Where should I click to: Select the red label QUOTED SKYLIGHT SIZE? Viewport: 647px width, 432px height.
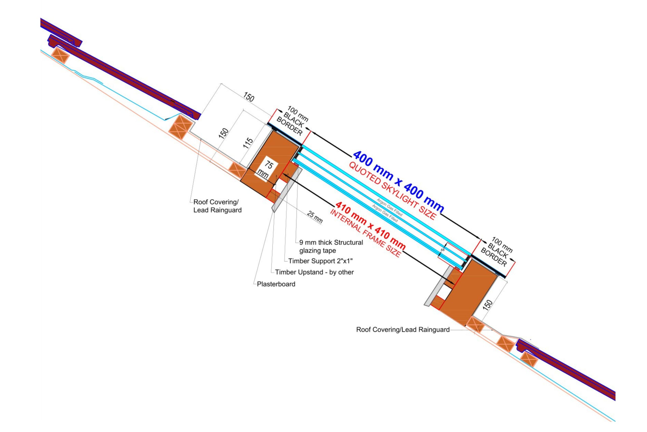click(392, 191)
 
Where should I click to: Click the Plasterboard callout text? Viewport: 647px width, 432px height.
click(276, 284)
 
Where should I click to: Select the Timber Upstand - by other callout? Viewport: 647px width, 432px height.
click(314, 272)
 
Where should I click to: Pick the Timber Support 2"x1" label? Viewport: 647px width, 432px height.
click(320, 261)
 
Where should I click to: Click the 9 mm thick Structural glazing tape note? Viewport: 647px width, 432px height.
click(331, 246)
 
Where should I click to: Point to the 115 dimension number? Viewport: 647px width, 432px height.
click(248, 143)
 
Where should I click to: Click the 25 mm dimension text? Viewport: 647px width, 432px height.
click(315, 217)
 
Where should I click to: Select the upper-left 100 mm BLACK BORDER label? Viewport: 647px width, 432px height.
click(292, 121)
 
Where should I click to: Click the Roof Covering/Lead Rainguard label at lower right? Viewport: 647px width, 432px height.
click(403, 329)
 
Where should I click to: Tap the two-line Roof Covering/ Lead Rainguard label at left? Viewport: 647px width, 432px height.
click(217, 206)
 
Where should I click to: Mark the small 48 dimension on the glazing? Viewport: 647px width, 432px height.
click(443, 250)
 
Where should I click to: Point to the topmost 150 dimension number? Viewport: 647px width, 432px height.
click(248, 97)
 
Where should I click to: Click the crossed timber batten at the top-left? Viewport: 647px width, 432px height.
click(60, 55)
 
